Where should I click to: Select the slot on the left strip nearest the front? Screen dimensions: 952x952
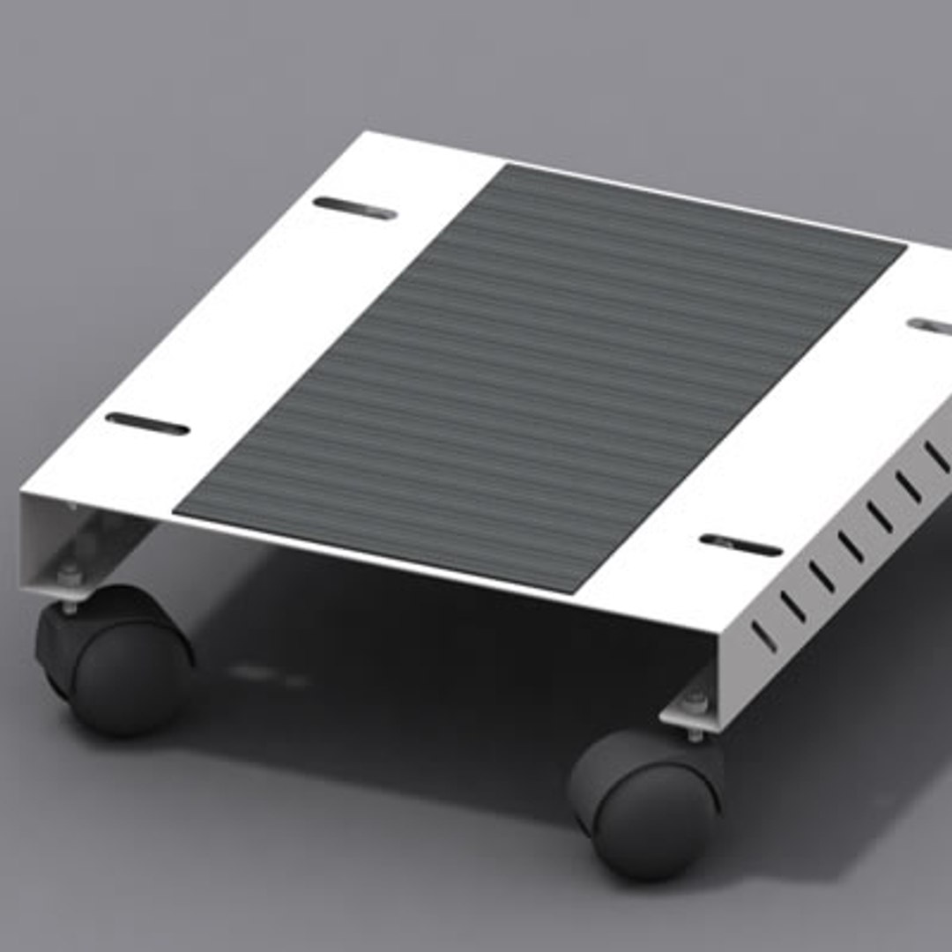147,424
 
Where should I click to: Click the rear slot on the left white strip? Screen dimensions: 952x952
354,208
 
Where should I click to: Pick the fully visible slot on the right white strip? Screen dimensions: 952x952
740,546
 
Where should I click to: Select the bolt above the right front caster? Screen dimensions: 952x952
695,703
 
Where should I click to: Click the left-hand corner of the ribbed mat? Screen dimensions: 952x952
176,511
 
